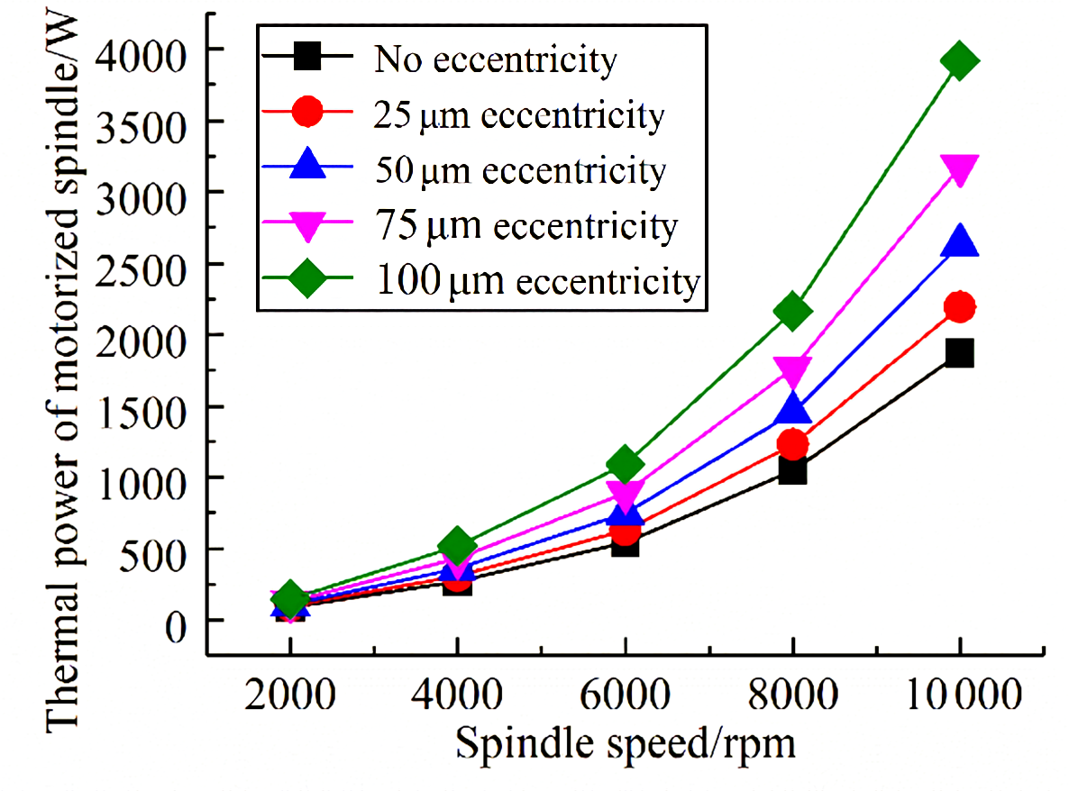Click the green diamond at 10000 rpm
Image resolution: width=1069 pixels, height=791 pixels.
click(960, 61)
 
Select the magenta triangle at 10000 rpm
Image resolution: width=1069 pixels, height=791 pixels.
click(960, 168)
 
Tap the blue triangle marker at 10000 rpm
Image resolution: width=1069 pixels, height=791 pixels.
click(960, 241)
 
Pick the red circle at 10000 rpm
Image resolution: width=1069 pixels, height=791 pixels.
click(960, 307)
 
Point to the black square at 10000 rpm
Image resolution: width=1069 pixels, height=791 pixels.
click(960, 352)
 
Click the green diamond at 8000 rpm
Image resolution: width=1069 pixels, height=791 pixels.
click(792, 311)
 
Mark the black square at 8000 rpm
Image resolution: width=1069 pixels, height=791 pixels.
click(792, 470)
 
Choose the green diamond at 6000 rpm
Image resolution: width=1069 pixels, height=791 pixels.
click(625, 465)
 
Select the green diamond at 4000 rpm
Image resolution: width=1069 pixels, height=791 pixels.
click(457, 545)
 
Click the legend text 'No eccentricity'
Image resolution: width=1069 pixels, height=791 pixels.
click(495, 62)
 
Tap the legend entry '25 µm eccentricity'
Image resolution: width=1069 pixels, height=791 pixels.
click(517, 115)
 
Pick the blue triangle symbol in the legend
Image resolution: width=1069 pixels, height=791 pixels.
click(306, 168)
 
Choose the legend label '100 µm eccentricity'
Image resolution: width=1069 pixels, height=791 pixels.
click(535, 281)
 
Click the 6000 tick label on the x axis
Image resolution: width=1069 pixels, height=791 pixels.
click(625, 696)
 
